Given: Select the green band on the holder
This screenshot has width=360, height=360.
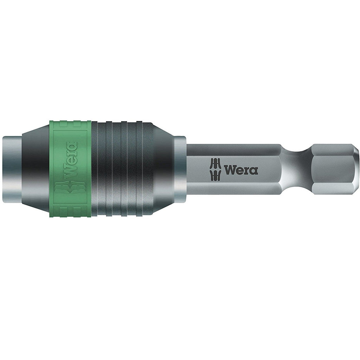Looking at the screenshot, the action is (x=70, y=169).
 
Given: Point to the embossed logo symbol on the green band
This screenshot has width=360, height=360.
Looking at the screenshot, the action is (x=70, y=191).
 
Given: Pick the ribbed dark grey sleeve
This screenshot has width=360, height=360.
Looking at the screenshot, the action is (x=122, y=169).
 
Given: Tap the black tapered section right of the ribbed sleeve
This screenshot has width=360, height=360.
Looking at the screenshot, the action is (x=163, y=169).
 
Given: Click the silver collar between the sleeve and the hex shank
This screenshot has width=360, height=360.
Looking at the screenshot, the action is (x=180, y=169).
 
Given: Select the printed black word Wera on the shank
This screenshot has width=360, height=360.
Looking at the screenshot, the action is (x=241, y=170).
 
